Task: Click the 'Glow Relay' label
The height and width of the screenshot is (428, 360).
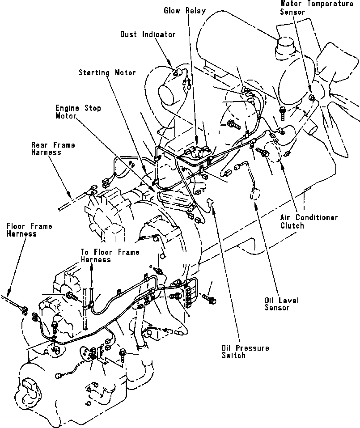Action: (x=185, y=11)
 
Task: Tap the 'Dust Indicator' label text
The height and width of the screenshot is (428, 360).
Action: (x=148, y=34)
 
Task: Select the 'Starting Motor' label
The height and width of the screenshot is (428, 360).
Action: (x=107, y=72)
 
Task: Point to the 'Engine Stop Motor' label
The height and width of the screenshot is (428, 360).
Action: (x=78, y=112)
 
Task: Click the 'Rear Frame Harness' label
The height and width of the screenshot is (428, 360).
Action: (x=53, y=148)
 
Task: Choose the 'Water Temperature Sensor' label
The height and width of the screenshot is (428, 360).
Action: (x=317, y=8)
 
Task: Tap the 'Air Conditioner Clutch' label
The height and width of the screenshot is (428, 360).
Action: (x=309, y=221)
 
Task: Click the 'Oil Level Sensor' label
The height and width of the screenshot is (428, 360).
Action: (x=281, y=304)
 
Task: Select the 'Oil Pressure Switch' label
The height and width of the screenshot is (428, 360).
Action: (x=245, y=352)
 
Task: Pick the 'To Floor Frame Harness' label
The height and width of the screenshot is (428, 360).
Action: (x=110, y=256)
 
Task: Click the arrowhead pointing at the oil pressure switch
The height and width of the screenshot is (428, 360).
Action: (x=214, y=209)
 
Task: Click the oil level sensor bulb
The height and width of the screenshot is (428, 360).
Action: (x=254, y=195)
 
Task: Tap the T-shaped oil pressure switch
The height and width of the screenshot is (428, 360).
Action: (x=210, y=202)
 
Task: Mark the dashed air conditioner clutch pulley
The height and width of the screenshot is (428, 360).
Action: (x=272, y=152)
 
